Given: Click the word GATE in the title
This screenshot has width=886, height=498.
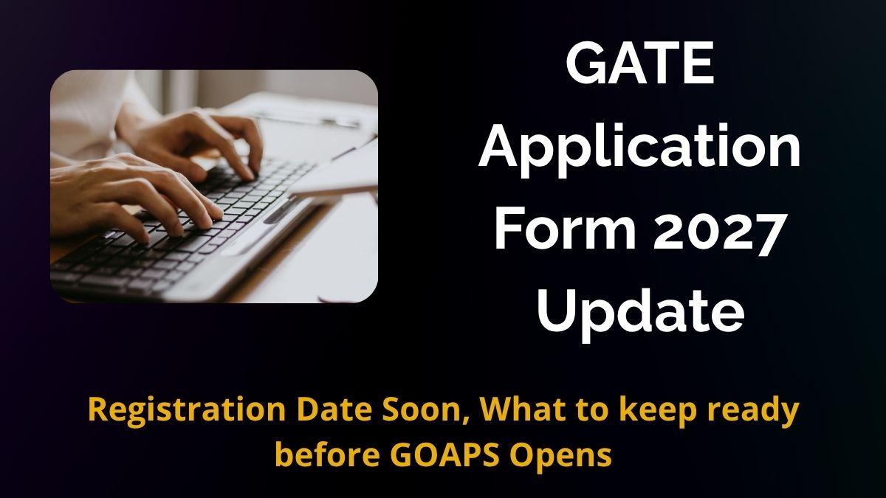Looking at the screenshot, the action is [x=640, y=64].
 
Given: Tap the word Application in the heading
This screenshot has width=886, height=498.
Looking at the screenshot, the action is [x=639, y=149].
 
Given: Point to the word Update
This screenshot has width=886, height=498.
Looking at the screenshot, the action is [x=641, y=314].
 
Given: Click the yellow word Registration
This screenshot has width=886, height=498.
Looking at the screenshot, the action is [x=186, y=410].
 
